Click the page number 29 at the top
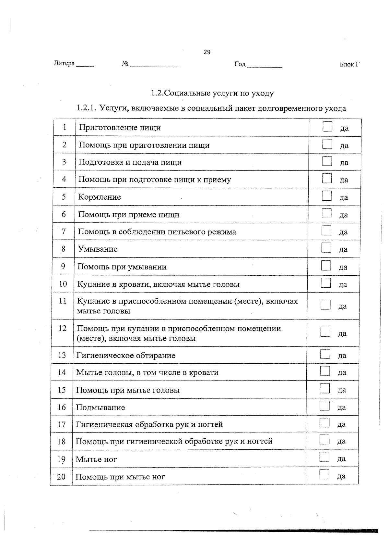coord(207,52)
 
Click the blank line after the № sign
coord(154,65)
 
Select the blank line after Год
coord(265,66)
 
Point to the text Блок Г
coord(349,64)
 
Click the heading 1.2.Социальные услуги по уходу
coord(212,94)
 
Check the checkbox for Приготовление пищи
coord(328,127)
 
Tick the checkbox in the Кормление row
coord(327,196)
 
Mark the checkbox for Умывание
coord(326,248)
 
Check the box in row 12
coord(325,332)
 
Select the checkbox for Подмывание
coord(324,406)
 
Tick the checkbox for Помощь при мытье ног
coord(324,475)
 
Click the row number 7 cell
coord(64,232)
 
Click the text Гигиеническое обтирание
coord(126,356)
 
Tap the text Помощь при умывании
coord(122,267)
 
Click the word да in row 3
coord(344,163)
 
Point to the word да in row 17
coord(342,424)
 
